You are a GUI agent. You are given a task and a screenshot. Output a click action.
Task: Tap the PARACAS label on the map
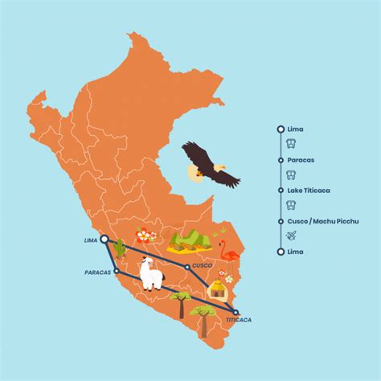click(99, 272)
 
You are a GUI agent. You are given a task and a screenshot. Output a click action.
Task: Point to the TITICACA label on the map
click(238, 319)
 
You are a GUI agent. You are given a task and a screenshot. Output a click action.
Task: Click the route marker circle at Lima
click(104, 239)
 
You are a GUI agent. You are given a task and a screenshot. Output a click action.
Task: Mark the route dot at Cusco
click(186, 266)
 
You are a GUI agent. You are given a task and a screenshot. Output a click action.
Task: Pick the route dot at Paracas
click(117, 271)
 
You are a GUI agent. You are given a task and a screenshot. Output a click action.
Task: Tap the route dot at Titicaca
click(236, 312)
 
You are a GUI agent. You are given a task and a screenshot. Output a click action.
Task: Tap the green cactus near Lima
click(121, 249)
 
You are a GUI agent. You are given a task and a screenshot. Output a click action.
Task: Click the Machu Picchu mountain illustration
click(190, 240)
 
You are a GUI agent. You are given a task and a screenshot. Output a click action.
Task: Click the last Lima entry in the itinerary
click(295, 252)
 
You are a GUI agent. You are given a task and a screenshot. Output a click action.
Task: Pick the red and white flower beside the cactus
click(145, 236)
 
